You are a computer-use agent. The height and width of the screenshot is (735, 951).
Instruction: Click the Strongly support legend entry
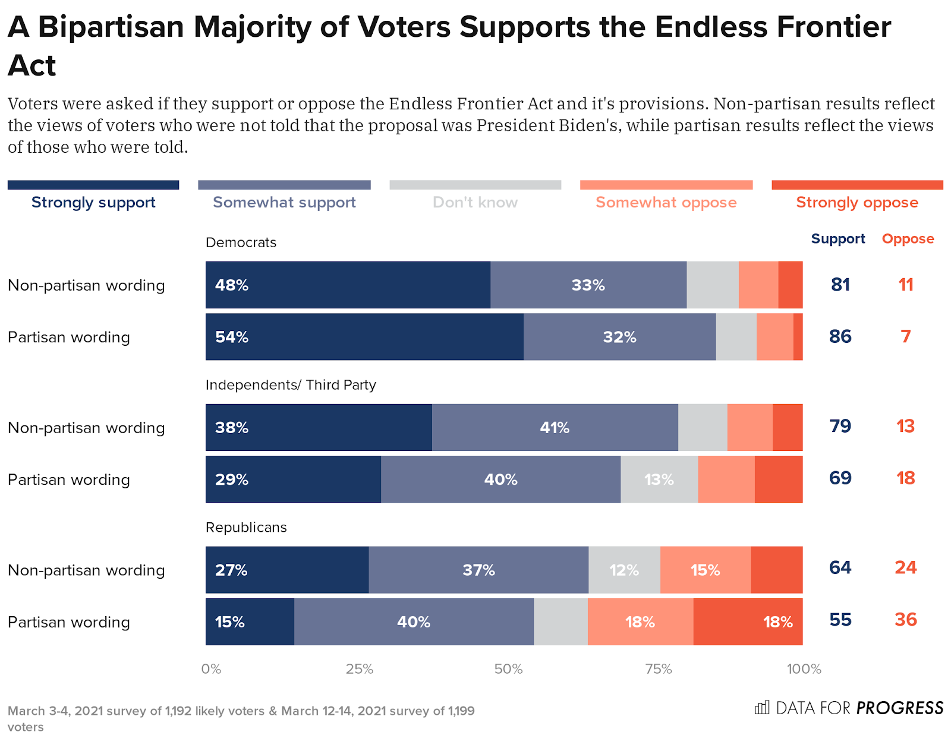tap(93, 202)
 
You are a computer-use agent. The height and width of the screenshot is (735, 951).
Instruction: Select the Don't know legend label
tap(475, 202)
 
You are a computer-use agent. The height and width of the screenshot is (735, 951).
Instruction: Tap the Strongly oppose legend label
tap(856, 202)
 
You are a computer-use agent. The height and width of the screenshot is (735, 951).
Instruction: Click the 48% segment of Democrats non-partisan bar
tap(348, 285)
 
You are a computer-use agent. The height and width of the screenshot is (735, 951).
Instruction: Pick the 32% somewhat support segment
tap(619, 337)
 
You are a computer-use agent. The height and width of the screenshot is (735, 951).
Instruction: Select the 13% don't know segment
tap(659, 480)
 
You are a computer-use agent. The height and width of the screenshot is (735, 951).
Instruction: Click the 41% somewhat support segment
tap(555, 428)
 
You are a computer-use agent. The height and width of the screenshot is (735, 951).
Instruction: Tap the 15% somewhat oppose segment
tap(705, 570)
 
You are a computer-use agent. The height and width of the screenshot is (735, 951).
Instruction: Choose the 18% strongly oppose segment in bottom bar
tap(748, 622)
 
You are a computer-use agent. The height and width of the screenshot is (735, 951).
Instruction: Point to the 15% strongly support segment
tap(250, 622)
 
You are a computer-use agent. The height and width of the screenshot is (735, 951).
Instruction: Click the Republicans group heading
tap(246, 528)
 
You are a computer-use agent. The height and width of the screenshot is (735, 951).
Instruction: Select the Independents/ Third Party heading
tap(291, 385)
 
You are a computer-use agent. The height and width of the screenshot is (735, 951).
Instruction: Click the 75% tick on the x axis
tap(659, 669)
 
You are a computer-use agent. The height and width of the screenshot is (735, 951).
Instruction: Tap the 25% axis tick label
tap(360, 669)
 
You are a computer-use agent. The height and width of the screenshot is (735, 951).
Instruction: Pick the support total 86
tap(840, 336)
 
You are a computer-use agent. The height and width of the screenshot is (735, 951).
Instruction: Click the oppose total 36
tap(905, 619)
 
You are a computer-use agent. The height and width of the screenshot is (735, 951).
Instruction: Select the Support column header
tap(837, 239)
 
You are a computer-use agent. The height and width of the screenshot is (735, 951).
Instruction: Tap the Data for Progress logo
tap(849, 708)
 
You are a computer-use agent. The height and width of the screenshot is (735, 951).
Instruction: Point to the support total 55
tap(840, 619)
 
